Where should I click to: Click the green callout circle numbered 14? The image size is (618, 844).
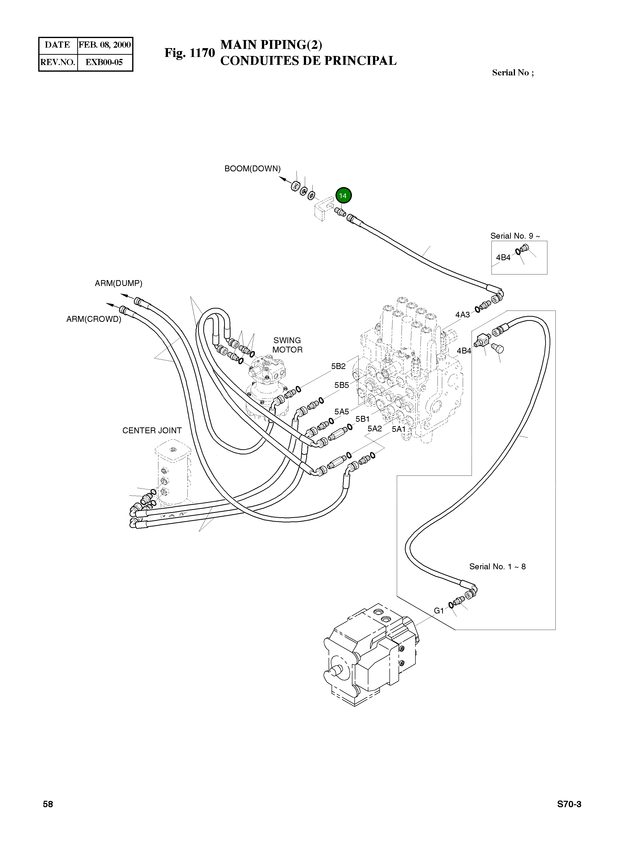click(343, 195)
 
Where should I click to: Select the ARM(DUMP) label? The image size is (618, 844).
click(119, 284)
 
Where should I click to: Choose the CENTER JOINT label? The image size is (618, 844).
click(152, 431)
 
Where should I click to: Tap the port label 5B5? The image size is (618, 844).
click(342, 385)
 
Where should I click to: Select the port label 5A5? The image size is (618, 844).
click(342, 411)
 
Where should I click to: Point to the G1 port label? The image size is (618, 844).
click(438, 611)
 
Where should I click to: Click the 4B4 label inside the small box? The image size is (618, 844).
click(503, 258)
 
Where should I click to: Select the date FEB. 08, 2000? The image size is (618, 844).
click(105, 45)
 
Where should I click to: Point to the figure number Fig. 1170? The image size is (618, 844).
click(190, 53)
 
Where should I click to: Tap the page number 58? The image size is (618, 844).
click(48, 804)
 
